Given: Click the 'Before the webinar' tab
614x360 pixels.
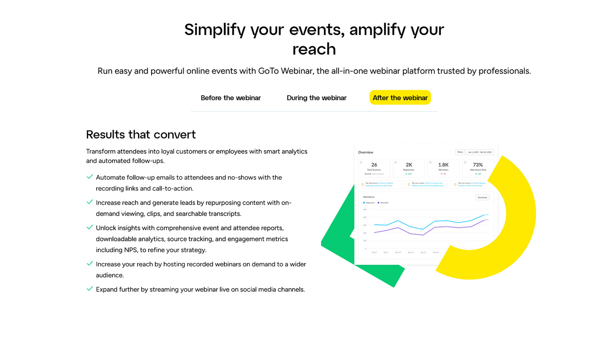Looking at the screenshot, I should (230, 98).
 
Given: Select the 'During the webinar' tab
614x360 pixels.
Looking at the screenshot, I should (316, 98).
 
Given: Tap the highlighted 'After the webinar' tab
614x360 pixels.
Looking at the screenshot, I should (400, 98).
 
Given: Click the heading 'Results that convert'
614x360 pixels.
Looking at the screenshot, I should (141, 135).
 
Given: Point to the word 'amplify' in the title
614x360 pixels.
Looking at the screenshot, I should (376, 30).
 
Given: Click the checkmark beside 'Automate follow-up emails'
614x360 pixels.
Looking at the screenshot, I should (90, 177).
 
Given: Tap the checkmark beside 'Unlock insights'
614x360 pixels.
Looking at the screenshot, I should (90, 227).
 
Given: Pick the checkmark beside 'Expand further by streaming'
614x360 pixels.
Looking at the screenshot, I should (90, 289).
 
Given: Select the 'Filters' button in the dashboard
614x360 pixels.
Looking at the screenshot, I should (460, 152).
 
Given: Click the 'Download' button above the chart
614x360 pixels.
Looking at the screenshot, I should (482, 197).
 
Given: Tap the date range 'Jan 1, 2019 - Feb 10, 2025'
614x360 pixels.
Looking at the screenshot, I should (480, 152).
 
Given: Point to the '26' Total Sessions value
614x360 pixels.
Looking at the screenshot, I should (374, 165).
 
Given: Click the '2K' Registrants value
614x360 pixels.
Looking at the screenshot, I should (409, 165).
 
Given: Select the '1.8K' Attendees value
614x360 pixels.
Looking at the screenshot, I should (443, 165).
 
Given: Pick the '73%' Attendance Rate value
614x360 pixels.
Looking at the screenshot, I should (478, 165).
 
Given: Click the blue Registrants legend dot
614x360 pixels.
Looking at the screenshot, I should (364, 203).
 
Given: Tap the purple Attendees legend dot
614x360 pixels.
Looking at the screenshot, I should (379, 203).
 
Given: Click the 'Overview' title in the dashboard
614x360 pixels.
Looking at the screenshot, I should (366, 152).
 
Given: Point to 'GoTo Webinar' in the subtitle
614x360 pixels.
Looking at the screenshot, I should (285, 71).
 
